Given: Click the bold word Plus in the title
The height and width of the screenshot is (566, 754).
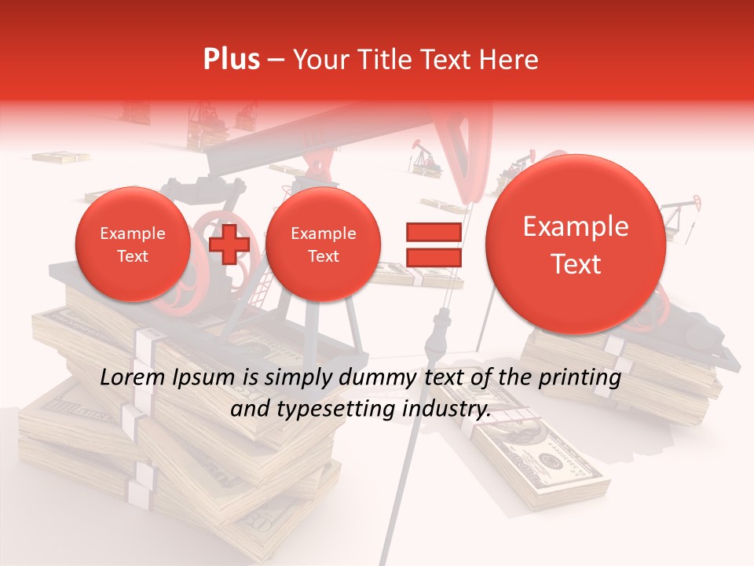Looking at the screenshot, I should [231, 60].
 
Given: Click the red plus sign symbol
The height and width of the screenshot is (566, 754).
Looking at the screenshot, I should [229, 244].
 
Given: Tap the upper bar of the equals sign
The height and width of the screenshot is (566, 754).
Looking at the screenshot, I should [433, 232].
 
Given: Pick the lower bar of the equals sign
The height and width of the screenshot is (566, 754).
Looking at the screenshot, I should [433, 257].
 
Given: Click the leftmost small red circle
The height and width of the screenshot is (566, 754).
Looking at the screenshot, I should [132, 244].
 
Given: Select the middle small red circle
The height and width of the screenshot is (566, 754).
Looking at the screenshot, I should [323, 244].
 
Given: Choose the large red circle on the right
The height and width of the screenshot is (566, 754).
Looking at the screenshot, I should [576, 245].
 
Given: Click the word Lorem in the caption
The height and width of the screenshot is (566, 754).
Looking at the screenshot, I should [131, 378].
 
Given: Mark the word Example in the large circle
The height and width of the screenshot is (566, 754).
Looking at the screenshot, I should [576, 227].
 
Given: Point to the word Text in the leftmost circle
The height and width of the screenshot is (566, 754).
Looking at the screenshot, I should [132, 256].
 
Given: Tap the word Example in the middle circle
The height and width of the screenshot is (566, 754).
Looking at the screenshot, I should [323, 233].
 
